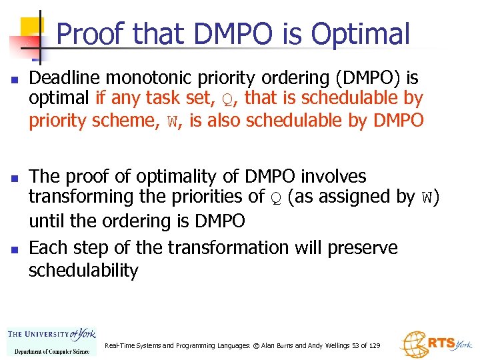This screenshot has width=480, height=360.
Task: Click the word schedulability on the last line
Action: tap(83, 271)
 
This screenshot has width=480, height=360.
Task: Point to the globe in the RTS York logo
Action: tap(413, 344)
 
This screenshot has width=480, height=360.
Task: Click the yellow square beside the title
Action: tap(31, 27)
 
